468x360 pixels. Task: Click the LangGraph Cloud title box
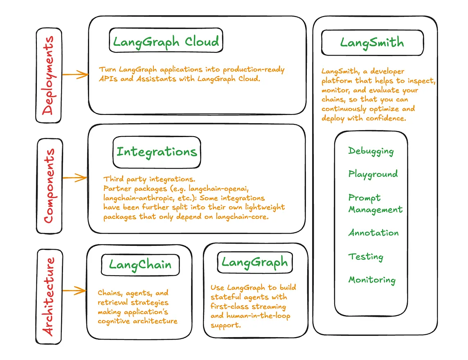[166, 41]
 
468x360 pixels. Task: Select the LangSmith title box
[372, 43]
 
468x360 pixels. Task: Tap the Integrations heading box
[157, 152]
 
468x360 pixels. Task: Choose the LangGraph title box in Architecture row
[255, 262]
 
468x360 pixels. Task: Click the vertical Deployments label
[49, 76]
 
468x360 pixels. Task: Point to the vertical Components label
[49, 185]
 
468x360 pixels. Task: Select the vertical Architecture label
[49, 297]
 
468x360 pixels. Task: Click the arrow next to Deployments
[75, 74]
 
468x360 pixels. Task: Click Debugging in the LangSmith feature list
[371, 151]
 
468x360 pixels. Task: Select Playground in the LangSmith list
[373, 174]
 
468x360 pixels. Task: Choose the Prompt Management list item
[375, 203]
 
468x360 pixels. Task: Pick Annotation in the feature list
[373, 233]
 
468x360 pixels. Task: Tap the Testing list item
[366, 256]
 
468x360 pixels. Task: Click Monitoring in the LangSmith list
[372, 280]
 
